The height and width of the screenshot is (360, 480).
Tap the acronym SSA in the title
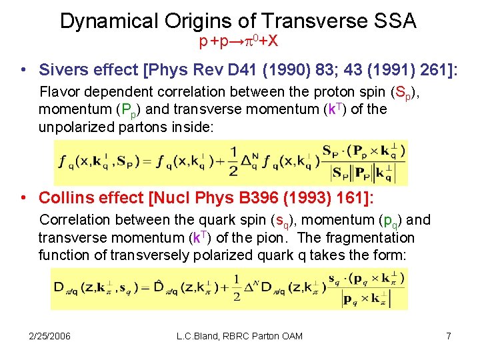[393, 21]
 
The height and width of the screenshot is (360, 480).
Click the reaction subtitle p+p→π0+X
[239, 41]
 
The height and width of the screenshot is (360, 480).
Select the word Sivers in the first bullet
[63, 69]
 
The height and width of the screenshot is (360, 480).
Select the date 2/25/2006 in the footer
[51, 336]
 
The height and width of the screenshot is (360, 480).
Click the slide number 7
[448, 336]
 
